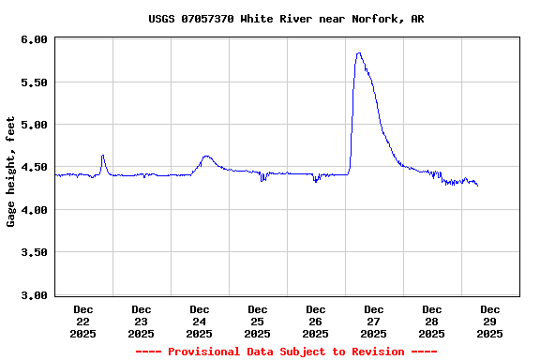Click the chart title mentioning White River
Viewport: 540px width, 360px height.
286,19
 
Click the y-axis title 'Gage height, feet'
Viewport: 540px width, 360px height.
11,172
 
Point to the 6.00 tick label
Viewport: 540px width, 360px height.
34,39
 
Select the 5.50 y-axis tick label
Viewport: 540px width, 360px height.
34,82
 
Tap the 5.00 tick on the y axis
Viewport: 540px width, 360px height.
34,125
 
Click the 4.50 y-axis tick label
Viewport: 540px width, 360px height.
34,168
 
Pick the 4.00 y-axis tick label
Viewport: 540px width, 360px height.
34,210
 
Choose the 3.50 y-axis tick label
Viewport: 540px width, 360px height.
34,253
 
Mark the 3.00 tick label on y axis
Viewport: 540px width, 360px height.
34,295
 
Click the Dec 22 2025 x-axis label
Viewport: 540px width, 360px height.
83,321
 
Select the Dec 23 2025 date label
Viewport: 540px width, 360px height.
142,321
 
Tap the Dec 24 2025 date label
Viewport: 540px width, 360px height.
200,321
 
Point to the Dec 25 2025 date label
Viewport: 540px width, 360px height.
258,321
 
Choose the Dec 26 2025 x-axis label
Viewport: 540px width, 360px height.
316,321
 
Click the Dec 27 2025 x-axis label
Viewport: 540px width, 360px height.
374,321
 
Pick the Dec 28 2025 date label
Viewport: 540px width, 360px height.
432,321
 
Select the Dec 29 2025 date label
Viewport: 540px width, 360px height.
490,321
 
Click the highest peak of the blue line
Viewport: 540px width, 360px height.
358,53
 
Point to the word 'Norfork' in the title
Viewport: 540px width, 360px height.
374,19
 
